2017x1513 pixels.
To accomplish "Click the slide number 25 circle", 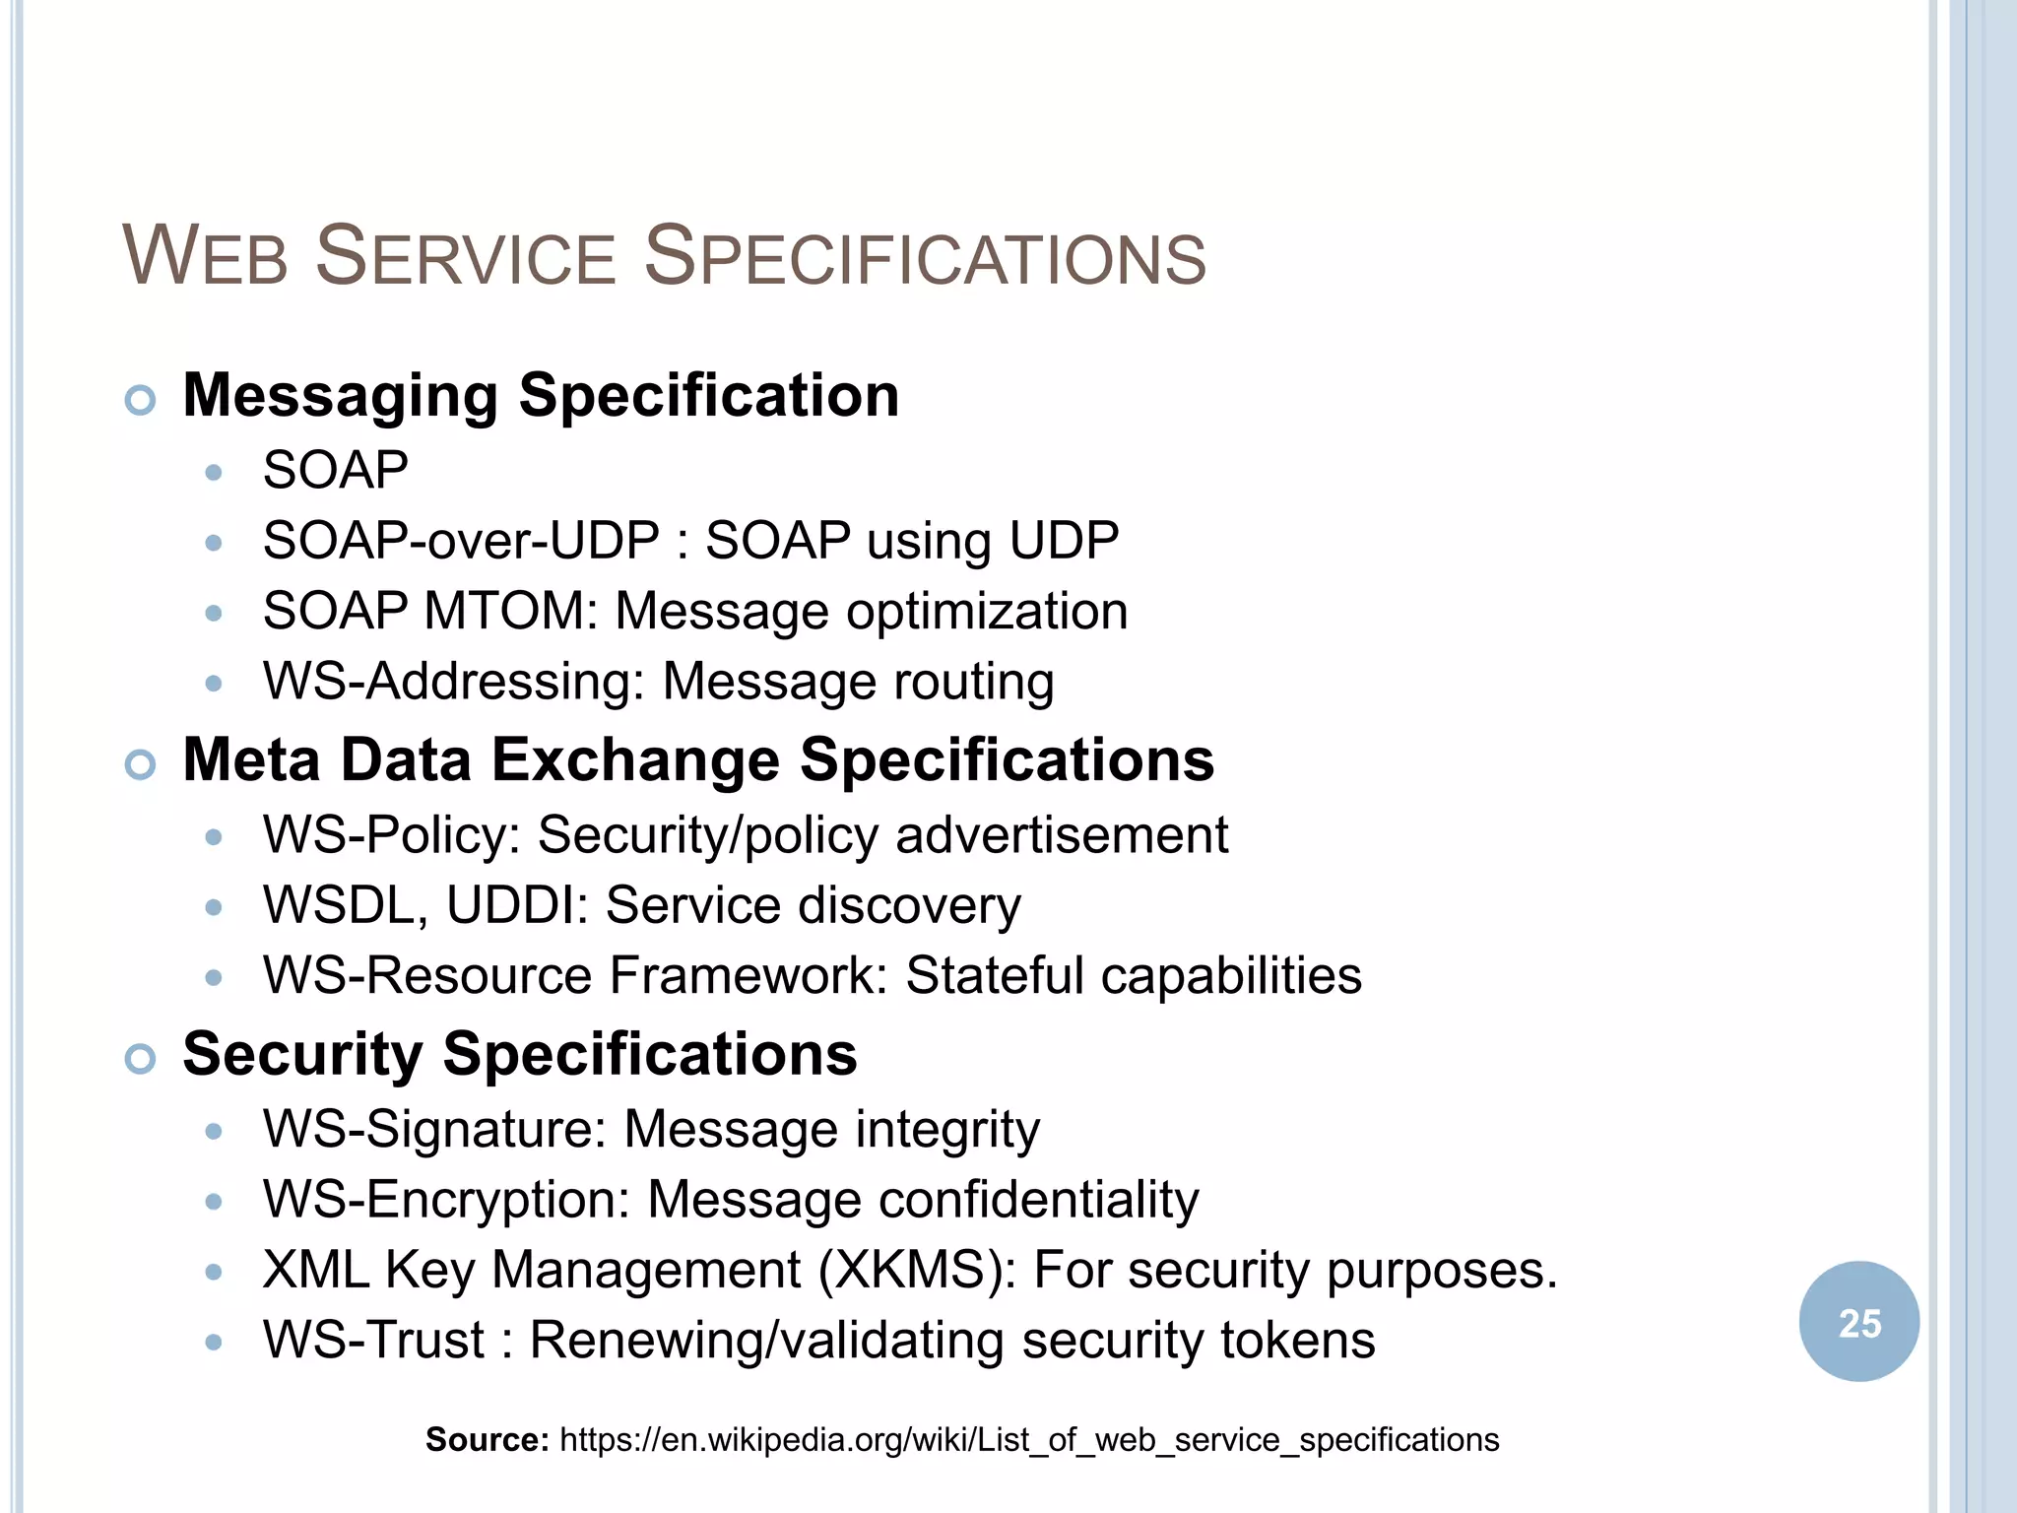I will tap(1858, 1322).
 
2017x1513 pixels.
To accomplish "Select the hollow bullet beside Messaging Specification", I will tap(141, 400).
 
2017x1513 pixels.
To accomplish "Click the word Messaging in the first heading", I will tap(341, 396).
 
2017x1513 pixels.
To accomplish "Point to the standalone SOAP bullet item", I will tap(335, 470).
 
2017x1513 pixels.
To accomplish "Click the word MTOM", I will tap(510, 611).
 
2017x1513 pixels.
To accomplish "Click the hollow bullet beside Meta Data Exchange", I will tap(141, 764).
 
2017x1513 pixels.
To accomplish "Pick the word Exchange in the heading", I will tap(636, 760).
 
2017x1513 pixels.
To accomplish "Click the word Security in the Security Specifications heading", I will tap(302, 1054).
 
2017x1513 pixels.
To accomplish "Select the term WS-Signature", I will tap(434, 1129).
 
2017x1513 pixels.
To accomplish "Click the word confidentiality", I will tap(1038, 1200).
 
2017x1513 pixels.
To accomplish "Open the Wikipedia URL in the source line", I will tap(1028, 1440).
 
